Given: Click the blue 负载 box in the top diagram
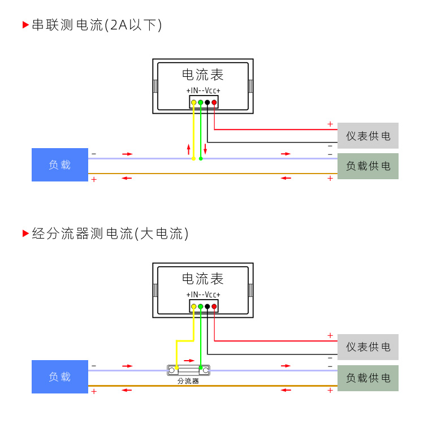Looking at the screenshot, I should click(60, 165).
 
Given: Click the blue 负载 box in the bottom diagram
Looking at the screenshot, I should click(60, 377).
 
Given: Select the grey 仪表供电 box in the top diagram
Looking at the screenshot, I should click(368, 136).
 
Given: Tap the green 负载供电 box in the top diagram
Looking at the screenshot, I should click(368, 166).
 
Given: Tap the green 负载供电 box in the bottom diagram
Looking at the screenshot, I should click(368, 378).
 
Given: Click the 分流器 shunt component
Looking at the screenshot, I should click(189, 370).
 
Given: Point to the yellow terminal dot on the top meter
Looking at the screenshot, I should click(194, 102).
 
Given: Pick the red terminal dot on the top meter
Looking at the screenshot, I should click(214, 102).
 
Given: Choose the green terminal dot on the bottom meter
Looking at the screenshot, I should click(201, 306).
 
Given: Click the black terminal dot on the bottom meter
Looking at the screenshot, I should click(207, 306).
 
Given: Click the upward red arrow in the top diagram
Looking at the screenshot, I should click(189, 149).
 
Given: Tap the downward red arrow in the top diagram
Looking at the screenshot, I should click(205, 149).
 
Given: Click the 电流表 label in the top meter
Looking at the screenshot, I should click(203, 75).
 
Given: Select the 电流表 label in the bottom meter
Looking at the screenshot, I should click(203, 279).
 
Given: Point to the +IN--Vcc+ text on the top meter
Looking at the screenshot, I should click(203, 90).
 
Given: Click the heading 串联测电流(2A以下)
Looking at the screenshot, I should click(97, 25).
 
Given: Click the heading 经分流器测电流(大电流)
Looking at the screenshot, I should click(110, 233).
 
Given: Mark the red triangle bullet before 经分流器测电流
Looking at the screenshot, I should click(25, 233).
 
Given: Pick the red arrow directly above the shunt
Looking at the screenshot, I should click(189, 360).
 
